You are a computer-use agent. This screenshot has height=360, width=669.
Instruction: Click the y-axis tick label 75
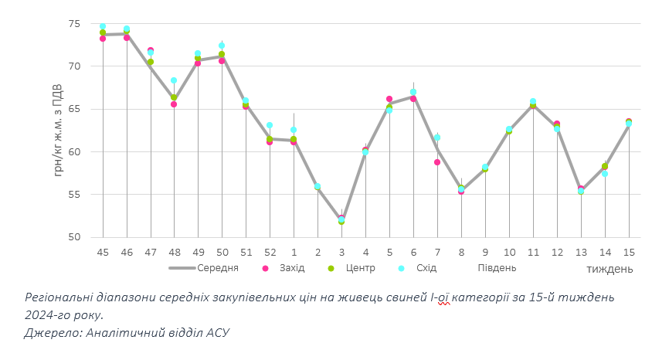point(74,24)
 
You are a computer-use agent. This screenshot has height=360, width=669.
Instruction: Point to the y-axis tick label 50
point(74,237)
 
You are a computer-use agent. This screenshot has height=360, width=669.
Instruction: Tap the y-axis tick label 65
point(74,109)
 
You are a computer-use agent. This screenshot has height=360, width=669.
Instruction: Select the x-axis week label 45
point(103,252)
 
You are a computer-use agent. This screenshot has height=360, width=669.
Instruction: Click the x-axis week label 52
point(270,252)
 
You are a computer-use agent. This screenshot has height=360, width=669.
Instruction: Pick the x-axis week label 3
point(341,252)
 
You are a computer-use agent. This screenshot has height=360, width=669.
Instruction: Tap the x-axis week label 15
point(629,252)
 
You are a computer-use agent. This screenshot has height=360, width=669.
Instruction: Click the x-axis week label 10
point(509,252)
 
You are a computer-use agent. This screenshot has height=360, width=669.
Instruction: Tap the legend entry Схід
point(426,268)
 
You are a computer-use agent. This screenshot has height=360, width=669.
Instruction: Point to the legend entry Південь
point(497,268)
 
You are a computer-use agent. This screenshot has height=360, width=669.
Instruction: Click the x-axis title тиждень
point(610,269)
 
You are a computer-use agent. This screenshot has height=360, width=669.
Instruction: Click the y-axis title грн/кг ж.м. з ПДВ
point(59,128)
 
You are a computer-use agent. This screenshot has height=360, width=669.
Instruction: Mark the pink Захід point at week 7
point(437,162)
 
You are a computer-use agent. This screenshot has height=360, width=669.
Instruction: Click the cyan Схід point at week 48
point(175,80)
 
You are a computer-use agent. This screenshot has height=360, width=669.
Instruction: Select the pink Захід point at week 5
point(389,99)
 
